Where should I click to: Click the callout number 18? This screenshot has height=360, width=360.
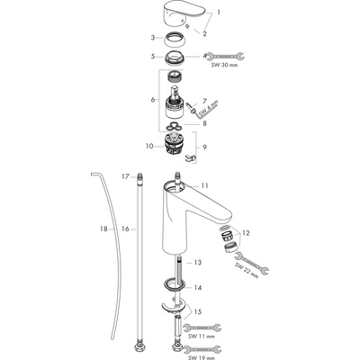[x=103, y=229]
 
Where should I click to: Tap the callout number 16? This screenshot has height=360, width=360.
[x=125, y=229]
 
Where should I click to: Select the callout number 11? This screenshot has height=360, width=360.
[x=204, y=185]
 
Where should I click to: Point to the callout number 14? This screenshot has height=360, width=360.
[x=197, y=288]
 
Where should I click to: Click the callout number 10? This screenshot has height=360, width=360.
[x=149, y=146]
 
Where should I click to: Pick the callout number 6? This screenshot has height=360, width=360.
[x=153, y=99]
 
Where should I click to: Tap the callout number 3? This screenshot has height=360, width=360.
[x=153, y=38]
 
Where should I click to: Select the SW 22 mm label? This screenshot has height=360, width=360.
[x=247, y=271]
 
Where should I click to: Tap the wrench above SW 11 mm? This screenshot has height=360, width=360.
[x=202, y=328]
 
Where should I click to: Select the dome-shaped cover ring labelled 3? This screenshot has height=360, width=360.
[x=174, y=40]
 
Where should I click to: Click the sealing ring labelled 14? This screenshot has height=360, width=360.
[x=174, y=284]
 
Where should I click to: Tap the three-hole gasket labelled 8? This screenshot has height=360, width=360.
[x=174, y=127]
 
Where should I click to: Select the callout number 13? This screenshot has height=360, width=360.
[x=197, y=263]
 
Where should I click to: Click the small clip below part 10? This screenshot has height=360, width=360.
[x=189, y=158]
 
